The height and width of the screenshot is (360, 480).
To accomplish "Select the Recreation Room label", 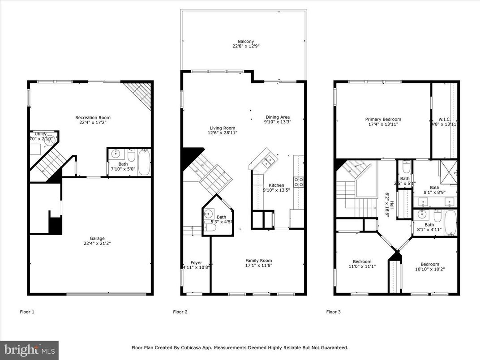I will pyautogui.click(x=93, y=118).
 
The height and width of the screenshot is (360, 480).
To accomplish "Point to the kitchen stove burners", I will pyautogui.click(x=298, y=181).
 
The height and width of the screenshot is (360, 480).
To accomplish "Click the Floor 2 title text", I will pyautogui.click(x=180, y=312).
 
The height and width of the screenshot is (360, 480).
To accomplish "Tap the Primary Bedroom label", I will pyautogui.click(x=383, y=120).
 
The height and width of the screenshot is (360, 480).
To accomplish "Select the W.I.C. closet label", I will pyautogui.click(x=445, y=120).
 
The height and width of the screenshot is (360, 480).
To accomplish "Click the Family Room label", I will pyautogui.click(x=258, y=261).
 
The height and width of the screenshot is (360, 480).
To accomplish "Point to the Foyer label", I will pyautogui.click(x=196, y=263).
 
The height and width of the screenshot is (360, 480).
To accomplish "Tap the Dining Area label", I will pyautogui.click(x=278, y=117).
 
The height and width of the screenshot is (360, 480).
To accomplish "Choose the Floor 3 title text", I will pyautogui.click(x=333, y=312).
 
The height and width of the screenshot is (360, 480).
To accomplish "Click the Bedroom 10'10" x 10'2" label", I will pyautogui.click(x=429, y=264).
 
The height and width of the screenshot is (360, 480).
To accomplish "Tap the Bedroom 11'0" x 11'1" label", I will pyautogui.click(x=362, y=262).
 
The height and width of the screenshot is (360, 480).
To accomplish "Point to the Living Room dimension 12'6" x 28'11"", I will pyautogui.click(x=222, y=133).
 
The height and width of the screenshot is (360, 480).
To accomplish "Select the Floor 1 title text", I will pyautogui.click(x=27, y=312).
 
